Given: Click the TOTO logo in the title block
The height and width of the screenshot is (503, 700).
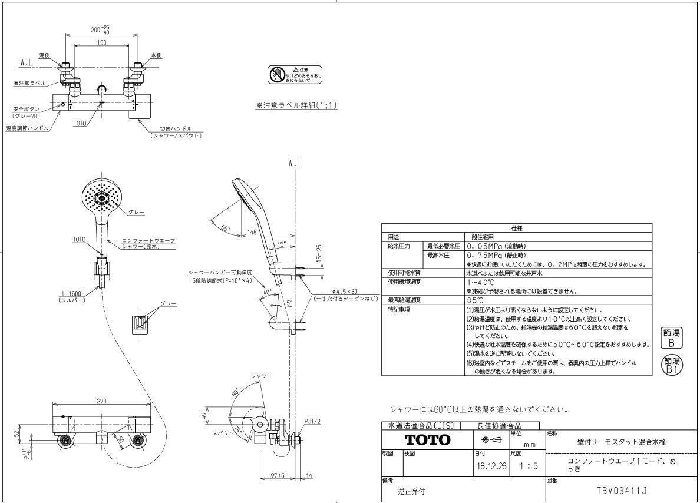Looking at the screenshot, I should (x=427, y=440).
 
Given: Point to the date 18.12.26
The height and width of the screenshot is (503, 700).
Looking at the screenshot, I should (x=488, y=466).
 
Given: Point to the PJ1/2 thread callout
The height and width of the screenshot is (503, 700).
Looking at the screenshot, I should (x=312, y=421).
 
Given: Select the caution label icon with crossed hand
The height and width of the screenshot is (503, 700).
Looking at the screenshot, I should (x=277, y=75).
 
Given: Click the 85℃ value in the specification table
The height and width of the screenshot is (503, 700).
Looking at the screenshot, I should (x=475, y=300).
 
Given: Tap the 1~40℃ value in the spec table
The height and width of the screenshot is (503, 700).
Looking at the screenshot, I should (x=477, y=282).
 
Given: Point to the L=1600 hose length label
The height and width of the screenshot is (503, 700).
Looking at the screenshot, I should (x=73, y=293).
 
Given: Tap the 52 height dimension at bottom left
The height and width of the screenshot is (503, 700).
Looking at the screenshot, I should (x=17, y=435).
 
